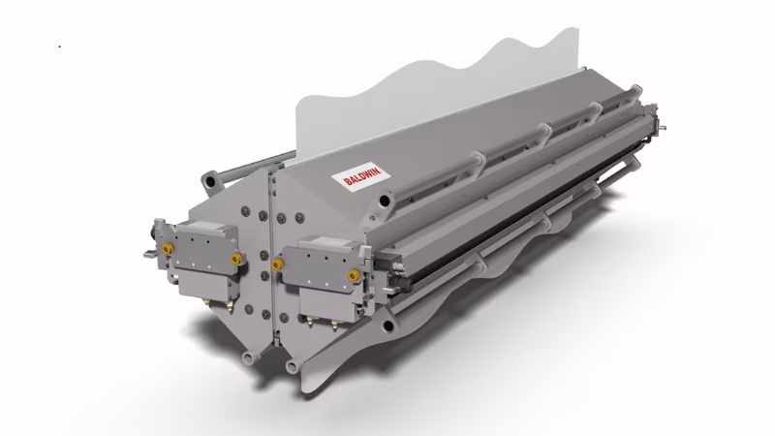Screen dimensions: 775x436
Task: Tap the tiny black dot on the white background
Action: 60,47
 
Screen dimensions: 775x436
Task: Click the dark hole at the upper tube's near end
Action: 385,201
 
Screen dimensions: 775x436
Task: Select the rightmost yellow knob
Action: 353,275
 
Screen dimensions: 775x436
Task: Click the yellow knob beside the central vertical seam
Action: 277,265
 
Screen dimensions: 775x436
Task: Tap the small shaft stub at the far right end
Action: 662,129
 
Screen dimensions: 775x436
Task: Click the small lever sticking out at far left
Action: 149,254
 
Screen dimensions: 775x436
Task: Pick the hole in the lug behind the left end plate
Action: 209,181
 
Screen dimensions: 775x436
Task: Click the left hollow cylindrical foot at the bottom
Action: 249,357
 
